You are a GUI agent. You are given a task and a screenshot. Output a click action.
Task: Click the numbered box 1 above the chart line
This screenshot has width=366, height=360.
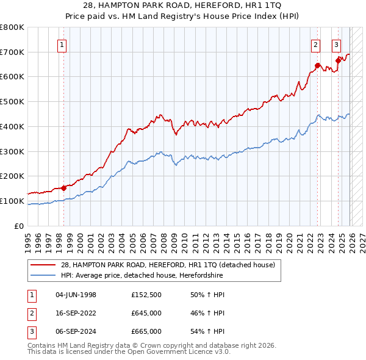[63, 44]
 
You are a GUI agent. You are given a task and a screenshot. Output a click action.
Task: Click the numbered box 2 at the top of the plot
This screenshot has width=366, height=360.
[315, 44]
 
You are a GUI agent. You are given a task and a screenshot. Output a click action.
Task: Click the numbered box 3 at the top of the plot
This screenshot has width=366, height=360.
[336, 44]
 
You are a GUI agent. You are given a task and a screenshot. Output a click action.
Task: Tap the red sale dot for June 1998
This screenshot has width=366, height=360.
[63, 188]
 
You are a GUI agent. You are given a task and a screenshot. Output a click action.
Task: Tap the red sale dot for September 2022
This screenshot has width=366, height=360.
[318, 65]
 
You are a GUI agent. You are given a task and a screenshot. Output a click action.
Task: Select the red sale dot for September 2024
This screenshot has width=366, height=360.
[338, 60]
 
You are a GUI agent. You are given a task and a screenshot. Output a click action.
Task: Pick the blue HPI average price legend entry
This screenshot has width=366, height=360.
[142, 276]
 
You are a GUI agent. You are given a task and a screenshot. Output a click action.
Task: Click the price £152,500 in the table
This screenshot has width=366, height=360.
[146, 295]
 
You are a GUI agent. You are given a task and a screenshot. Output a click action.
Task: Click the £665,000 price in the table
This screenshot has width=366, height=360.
[146, 331]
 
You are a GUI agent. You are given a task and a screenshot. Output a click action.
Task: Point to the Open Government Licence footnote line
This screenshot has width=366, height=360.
[129, 353]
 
